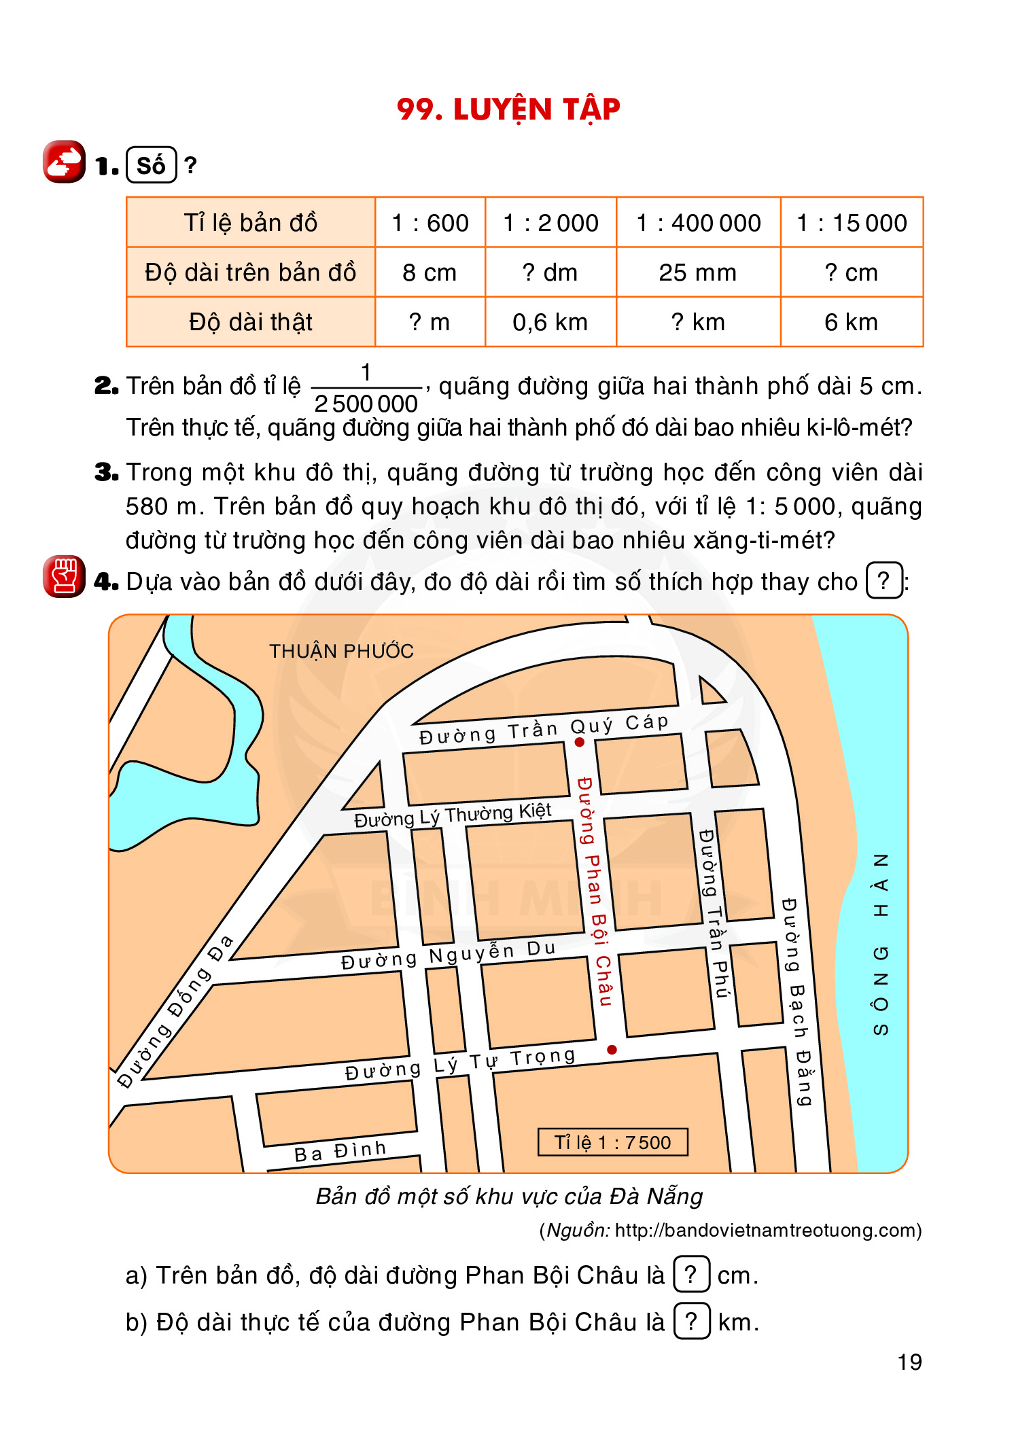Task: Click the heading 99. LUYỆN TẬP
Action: pyautogui.click(x=508, y=109)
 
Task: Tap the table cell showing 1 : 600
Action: pyautogui.click(x=430, y=223)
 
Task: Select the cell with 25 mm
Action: pyautogui.click(x=697, y=272)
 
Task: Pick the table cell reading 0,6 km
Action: pyautogui.click(x=550, y=322)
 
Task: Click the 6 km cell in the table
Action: pyautogui.click(x=851, y=322)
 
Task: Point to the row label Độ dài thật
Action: pyautogui.click(x=250, y=322)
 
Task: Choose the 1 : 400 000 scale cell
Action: pyautogui.click(x=698, y=223)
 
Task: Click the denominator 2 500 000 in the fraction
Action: pyautogui.click(x=366, y=404)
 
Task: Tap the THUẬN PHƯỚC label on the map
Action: pyautogui.click(x=341, y=651)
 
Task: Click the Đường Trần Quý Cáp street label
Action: pyautogui.click(x=544, y=729)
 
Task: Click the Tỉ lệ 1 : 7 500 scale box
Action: pyautogui.click(x=612, y=1142)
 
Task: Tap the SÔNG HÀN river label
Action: pyautogui.click(x=880, y=944)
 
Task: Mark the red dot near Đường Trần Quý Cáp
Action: pyautogui.click(x=580, y=742)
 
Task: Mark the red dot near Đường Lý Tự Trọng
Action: pyautogui.click(x=612, y=1050)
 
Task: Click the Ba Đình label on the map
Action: pyautogui.click(x=340, y=1151)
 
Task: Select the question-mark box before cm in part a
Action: pyautogui.click(x=691, y=1274)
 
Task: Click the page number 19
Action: pyautogui.click(x=909, y=1362)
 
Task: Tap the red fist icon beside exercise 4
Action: pyautogui.click(x=65, y=576)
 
